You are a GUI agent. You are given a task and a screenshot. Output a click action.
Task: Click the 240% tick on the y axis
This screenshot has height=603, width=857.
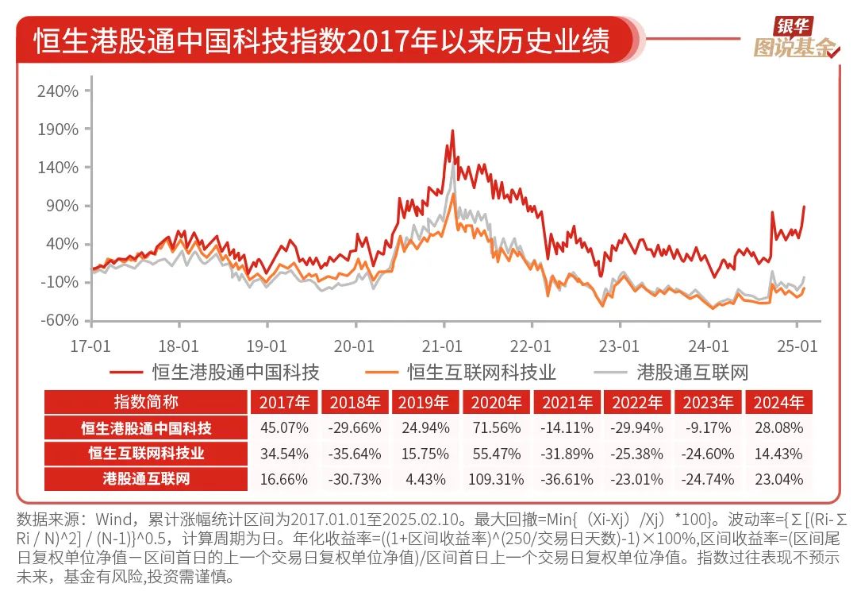pos(59,91)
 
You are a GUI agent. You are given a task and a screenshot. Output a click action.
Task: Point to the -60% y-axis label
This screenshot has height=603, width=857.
pos(59,320)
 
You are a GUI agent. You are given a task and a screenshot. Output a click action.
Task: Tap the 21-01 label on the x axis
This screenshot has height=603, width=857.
pos(442,346)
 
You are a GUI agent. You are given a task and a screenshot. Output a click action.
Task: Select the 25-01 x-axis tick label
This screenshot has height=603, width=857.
pos(797,346)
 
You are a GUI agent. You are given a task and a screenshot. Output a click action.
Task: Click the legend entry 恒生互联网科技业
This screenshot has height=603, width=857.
pos(482,372)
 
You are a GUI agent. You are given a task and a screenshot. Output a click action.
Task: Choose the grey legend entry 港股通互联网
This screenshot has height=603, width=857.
pos(692,372)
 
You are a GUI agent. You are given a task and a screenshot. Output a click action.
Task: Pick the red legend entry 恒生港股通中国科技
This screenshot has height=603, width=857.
pos(236,372)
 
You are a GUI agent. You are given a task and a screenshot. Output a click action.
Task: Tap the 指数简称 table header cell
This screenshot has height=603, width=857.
pos(147,402)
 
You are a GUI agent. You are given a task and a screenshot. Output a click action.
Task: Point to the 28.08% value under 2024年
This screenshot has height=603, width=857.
pos(779,428)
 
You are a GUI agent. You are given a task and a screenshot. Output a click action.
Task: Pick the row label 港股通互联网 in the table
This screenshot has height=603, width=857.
pos(147,479)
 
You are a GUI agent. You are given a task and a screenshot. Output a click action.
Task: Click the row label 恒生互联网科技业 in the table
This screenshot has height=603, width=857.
pos(147,454)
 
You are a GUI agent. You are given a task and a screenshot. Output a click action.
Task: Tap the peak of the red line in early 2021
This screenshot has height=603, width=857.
pos(452,131)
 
